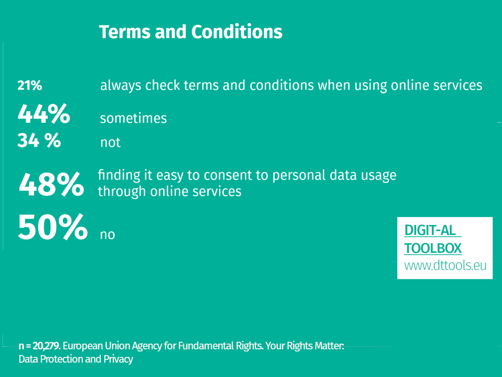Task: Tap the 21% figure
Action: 30,85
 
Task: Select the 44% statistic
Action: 44,114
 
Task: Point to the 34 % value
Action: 39,141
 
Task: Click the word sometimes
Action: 133,119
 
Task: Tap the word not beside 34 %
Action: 110,142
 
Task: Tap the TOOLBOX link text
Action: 433,248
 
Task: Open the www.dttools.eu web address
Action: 445,266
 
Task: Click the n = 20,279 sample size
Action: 40,346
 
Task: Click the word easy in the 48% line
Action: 170,175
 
